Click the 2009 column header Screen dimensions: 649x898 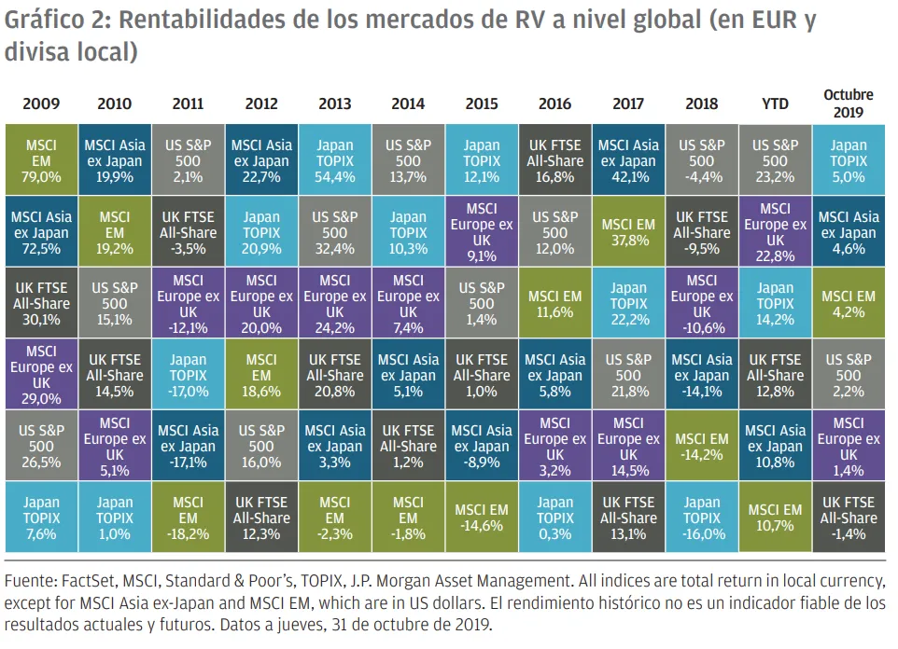[41, 104]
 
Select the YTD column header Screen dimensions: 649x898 [775, 104]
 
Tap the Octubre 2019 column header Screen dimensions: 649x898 [849, 103]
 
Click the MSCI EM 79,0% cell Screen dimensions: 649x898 [41, 160]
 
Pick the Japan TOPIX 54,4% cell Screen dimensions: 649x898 [335, 160]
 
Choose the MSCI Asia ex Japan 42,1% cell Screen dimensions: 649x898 [628, 160]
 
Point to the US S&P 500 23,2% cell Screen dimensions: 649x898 [775, 160]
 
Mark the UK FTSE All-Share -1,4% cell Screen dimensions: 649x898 [849, 518]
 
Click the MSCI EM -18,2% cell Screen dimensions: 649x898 [188, 518]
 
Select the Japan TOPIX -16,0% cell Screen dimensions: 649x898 [702, 518]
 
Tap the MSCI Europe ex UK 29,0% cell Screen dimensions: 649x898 [41, 375]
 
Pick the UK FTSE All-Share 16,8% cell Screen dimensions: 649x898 [555, 160]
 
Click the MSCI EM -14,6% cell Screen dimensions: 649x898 [482, 518]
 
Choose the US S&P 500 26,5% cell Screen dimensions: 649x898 [41, 446]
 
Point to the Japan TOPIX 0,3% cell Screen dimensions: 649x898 [555, 518]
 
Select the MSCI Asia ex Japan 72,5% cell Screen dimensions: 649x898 [41, 232]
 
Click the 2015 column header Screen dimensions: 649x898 [482, 104]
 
